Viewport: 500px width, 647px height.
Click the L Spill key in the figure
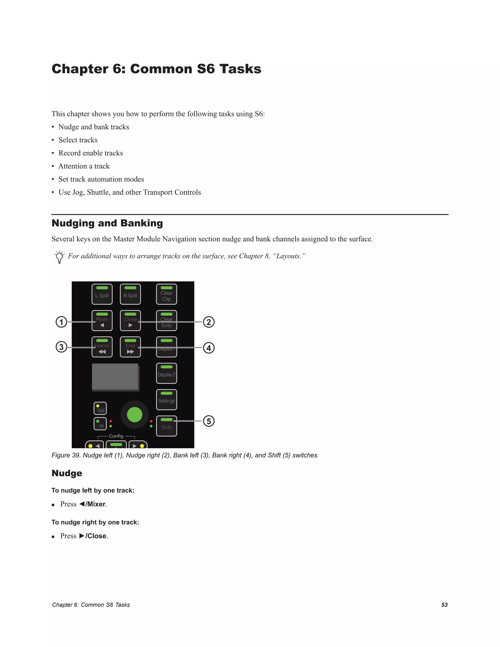102,294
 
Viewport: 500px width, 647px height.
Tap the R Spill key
130,294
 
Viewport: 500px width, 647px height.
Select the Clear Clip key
167,294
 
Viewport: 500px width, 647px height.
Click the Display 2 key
167,373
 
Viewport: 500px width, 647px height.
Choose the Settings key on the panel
167,400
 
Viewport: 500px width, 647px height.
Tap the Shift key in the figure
167,426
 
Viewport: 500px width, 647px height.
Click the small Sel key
100,408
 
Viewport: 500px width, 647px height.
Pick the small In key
100,424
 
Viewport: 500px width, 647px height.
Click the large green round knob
135,415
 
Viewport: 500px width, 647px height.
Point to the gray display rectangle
115,376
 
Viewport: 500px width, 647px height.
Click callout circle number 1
61,322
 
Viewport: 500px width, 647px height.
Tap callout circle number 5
208,421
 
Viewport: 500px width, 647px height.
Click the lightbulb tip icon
60,257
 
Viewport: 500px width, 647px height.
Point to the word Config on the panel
116,436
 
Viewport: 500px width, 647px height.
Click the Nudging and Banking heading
107,223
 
